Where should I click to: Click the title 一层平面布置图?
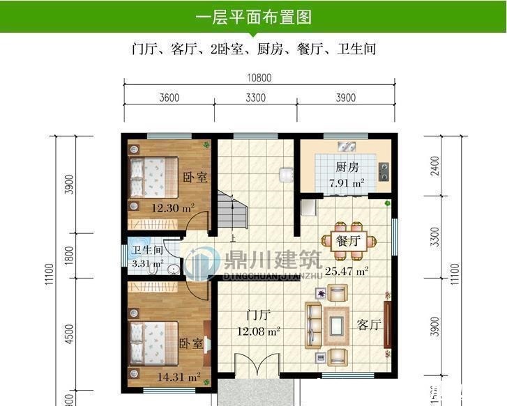253,17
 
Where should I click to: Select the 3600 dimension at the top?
169,98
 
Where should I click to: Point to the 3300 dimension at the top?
255,98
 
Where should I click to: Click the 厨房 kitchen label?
347,167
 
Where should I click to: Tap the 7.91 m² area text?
347,184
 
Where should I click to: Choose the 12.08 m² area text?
257,331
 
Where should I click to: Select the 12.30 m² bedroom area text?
173,208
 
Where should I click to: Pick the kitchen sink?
347,146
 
